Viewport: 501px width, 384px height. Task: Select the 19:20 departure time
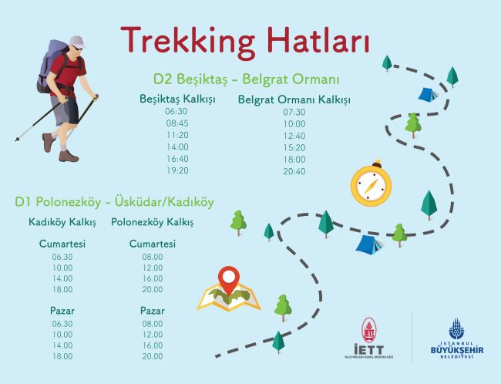(177, 170)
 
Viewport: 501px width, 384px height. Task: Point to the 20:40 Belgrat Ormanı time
(294, 171)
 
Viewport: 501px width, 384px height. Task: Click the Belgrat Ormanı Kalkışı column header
(294, 100)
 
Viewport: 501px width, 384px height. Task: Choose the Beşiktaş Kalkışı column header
(177, 99)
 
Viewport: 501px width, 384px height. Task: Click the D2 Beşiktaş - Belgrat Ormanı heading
(247, 79)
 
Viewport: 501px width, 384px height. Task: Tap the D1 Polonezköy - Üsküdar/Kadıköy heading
(114, 202)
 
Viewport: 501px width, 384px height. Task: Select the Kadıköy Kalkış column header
(62, 223)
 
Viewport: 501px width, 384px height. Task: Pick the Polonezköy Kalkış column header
(153, 223)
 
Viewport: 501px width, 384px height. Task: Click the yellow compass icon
(371, 186)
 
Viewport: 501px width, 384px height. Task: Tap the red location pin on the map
(227, 278)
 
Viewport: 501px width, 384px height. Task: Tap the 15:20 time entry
(294, 148)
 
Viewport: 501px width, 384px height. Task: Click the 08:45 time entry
(177, 123)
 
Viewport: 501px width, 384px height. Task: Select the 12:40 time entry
(294, 136)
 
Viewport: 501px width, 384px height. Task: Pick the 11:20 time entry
(177, 135)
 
